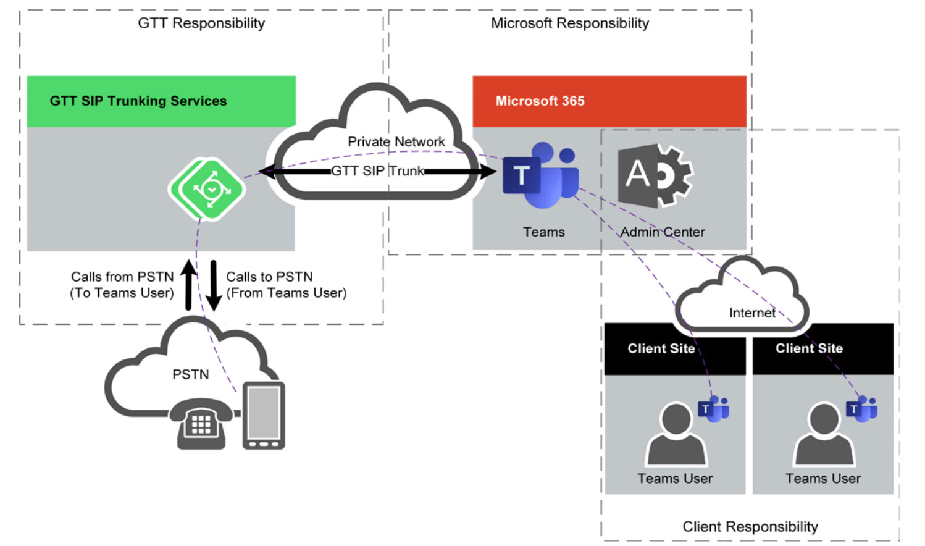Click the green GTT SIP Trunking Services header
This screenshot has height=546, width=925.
[x=161, y=101]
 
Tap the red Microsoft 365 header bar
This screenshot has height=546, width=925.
[x=609, y=101]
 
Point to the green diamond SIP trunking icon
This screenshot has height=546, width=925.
[x=207, y=189]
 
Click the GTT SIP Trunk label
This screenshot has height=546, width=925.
[x=377, y=171]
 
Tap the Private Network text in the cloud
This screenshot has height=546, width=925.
[x=396, y=141]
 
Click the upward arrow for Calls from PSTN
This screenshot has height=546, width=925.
[x=189, y=285]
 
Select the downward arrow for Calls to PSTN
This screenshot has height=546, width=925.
[x=214, y=285]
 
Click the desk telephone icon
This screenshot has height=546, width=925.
[x=201, y=423]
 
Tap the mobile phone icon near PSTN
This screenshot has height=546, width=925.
[x=264, y=415]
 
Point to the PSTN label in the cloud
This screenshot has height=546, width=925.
[x=190, y=374]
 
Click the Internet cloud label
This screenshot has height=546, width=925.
[x=751, y=313]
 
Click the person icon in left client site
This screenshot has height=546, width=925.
[x=676, y=434]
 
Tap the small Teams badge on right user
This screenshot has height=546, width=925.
[x=861, y=408]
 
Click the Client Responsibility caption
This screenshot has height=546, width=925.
[x=750, y=526]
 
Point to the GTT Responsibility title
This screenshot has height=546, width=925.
[x=201, y=23]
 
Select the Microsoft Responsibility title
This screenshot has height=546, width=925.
[x=569, y=23]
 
